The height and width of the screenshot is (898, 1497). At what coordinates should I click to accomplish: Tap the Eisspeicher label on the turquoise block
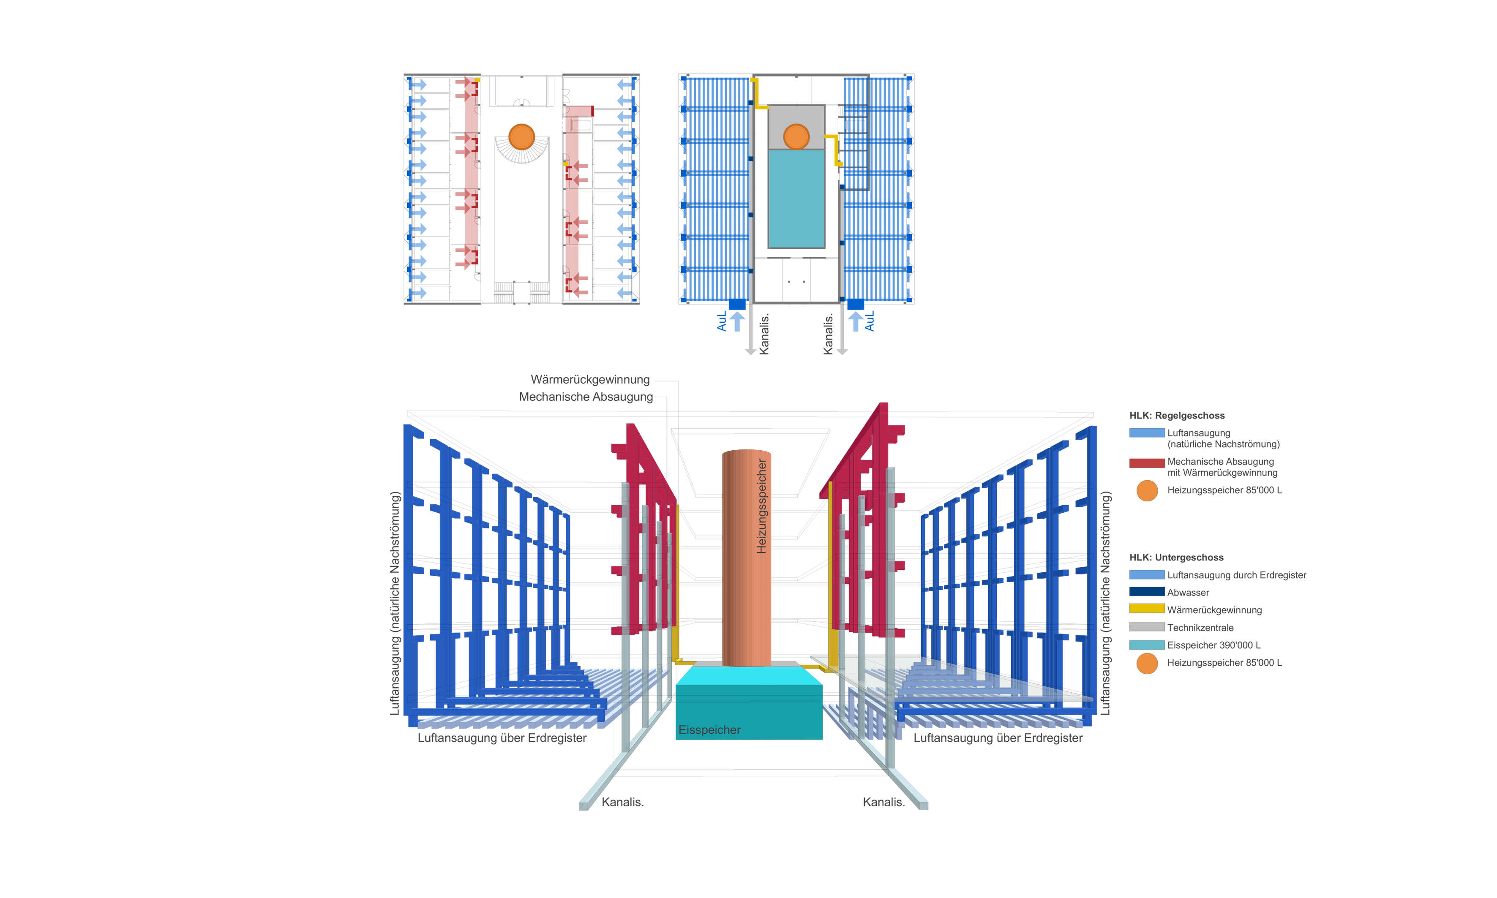[709, 730]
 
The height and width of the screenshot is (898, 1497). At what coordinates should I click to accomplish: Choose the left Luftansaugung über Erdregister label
[502, 737]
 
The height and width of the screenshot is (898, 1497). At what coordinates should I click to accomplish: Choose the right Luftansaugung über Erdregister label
[998, 737]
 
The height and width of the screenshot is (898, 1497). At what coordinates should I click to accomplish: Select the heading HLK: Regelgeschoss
[1176, 416]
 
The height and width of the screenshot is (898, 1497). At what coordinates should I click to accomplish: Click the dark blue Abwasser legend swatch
[1146, 592]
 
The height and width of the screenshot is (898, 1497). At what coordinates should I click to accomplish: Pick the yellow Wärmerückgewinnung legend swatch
[1146, 609]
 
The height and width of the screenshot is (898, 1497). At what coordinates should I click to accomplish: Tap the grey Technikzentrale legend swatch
[1146, 627]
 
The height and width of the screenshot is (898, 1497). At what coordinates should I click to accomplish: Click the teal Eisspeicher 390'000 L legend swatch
[1146, 645]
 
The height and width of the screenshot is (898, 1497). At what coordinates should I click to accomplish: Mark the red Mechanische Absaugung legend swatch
[1146, 463]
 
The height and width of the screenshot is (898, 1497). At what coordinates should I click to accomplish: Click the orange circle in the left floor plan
[522, 137]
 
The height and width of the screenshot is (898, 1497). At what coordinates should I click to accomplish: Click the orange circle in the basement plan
[796, 137]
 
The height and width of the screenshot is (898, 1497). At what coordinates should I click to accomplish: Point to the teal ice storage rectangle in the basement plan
[796, 199]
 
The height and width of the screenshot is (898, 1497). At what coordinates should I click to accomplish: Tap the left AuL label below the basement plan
[722, 321]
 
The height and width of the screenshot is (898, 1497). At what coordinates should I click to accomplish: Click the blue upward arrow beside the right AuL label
[855, 321]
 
